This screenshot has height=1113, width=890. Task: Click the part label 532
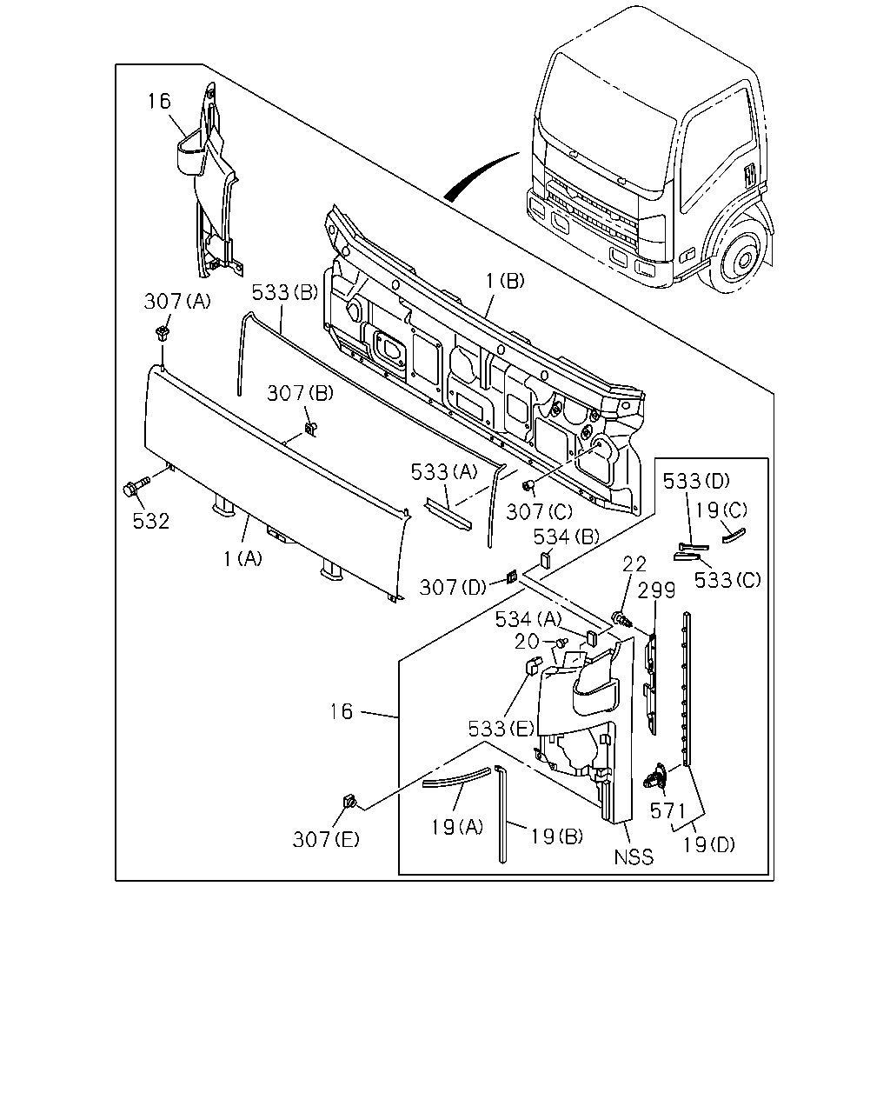pyautogui.click(x=150, y=522)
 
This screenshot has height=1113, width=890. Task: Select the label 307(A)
pyautogui.click(x=177, y=301)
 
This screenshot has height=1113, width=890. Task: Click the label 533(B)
pyautogui.click(x=284, y=293)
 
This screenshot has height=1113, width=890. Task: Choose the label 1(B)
pyautogui.click(x=505, y=281)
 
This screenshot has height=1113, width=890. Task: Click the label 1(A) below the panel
pyautogui.click(x=242, y=558)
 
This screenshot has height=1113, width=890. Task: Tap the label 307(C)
pyautogui.click(x=539, y=512)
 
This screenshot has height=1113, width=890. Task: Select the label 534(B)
pyautogui.click(x=566, y=537)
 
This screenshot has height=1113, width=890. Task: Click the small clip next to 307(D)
pyautogui.click(x=511, y=576)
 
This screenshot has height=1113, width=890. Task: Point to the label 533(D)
pyautogui.click(x=696, y=481)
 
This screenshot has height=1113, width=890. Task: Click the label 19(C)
pyautogui.click(x=721, y=510)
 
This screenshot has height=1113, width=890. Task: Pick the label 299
pyautogui.click(x=656, y=590)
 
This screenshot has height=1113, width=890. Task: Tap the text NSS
pyautogui.click(x=634, y=857)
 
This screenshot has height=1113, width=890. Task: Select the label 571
pyautogui.click(x=667, y=810)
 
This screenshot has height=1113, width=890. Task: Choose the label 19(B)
pyautogui.click(x=557, y=836)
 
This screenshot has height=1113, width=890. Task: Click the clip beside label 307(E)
pyautogui.click(x=349, y=803)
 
